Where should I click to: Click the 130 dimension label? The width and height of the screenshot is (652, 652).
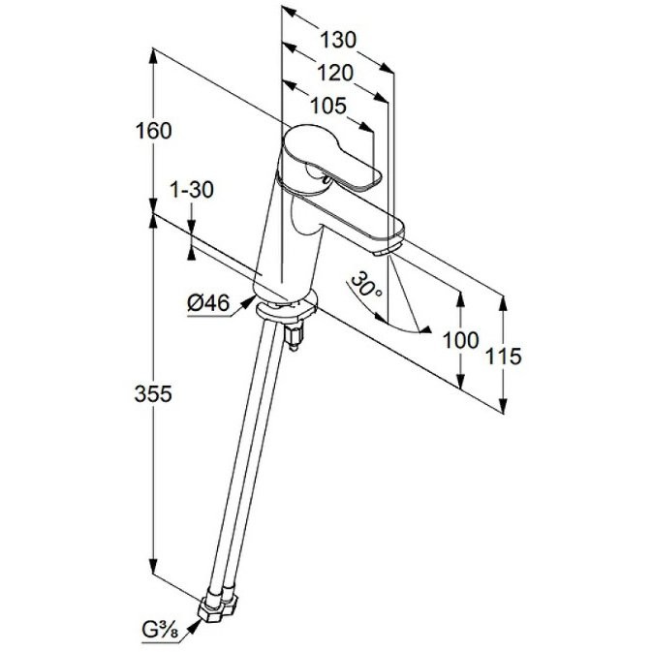coord(338,41)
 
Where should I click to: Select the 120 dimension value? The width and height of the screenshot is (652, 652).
coord(335,74)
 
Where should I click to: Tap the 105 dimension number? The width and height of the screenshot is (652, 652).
coord(328,106)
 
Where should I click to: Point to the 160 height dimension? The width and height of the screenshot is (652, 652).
coord(153,131)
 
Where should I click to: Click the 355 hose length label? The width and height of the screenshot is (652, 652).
coord(153,393)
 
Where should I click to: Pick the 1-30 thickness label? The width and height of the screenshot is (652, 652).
coord(192,190)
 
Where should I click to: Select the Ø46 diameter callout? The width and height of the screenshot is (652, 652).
coord(208,302)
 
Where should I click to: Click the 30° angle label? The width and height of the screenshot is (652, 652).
coord(366,285)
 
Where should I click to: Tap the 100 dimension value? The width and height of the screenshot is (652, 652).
coord(460,340)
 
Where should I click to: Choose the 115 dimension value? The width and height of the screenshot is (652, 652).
coord(503,357)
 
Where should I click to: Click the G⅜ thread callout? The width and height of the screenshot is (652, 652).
coord(161,631)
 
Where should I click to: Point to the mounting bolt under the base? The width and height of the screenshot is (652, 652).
coord(295,336)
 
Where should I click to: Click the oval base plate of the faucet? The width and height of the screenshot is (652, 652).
coord(287,308)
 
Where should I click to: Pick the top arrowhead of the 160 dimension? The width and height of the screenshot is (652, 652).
coord(153,56)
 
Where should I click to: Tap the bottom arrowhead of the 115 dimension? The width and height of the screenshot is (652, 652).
coord(503,406)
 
